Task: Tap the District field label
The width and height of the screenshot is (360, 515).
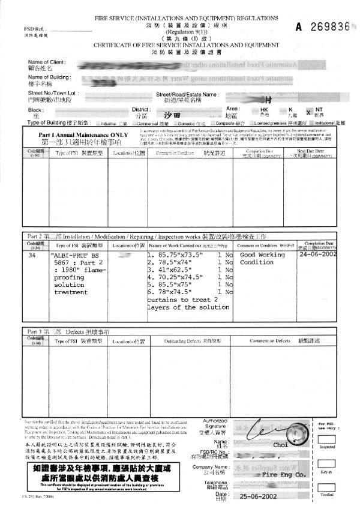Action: pos(140,109)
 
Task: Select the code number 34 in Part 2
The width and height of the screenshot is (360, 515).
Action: pos(32,255)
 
